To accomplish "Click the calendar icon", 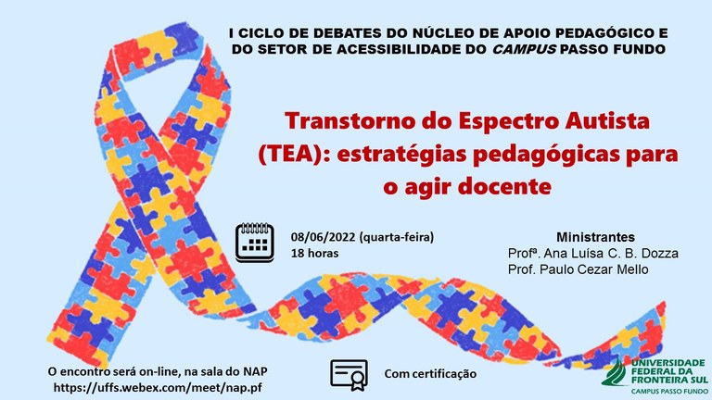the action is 254,243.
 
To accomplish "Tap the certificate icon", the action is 349,375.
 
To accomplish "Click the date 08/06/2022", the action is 324,237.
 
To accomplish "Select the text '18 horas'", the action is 314,253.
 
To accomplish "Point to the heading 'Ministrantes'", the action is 595,237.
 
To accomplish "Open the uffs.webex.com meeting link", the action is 158,388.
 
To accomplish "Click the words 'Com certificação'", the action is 430,374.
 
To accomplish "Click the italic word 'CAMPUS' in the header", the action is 524,49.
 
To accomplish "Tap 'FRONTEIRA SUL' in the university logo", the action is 669,379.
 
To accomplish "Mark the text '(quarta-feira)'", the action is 397,237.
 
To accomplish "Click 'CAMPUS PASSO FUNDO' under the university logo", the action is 669,391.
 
